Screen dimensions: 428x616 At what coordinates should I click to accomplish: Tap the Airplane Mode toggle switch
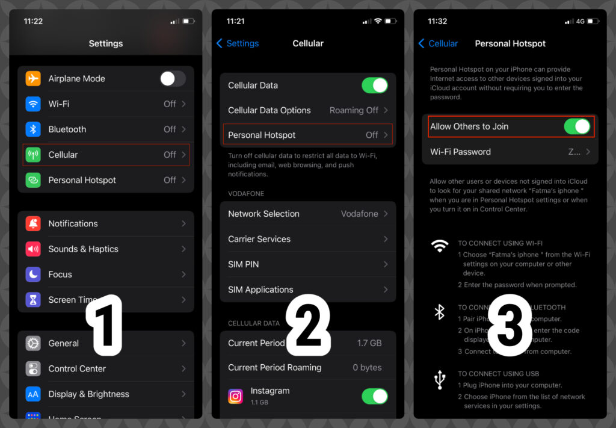(173, 78)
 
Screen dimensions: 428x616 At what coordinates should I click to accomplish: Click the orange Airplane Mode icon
(33, 78)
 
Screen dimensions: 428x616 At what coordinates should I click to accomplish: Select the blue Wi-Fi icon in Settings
(33, 104)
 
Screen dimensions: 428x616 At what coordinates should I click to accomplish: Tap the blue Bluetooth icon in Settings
(33, 129)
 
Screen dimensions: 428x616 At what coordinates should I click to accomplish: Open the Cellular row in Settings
(106, 155)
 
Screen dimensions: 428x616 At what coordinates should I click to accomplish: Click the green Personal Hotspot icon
(33, 180)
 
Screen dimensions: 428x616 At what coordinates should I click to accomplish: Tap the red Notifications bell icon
(33, 224)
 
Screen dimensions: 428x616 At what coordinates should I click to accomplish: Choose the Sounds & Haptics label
(83, 249)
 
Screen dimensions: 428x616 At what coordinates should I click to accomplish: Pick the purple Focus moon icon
(33, 274)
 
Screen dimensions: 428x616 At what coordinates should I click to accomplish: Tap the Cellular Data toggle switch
(375, 85)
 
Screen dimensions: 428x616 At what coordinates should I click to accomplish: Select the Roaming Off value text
(354, 111)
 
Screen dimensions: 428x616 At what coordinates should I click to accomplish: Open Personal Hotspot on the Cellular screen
(307, 135)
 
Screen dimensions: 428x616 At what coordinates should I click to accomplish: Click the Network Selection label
(263, 214)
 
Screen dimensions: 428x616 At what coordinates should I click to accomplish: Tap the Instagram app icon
(236, 396)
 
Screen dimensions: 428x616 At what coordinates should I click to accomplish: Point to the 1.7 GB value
(369, 343)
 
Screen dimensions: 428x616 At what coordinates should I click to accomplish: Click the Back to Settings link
(238, 43)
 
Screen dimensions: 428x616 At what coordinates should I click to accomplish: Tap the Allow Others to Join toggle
(577, 126)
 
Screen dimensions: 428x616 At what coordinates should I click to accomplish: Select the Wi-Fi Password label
(460, 152)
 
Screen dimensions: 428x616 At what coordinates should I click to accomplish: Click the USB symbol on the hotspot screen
(440, 380)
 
